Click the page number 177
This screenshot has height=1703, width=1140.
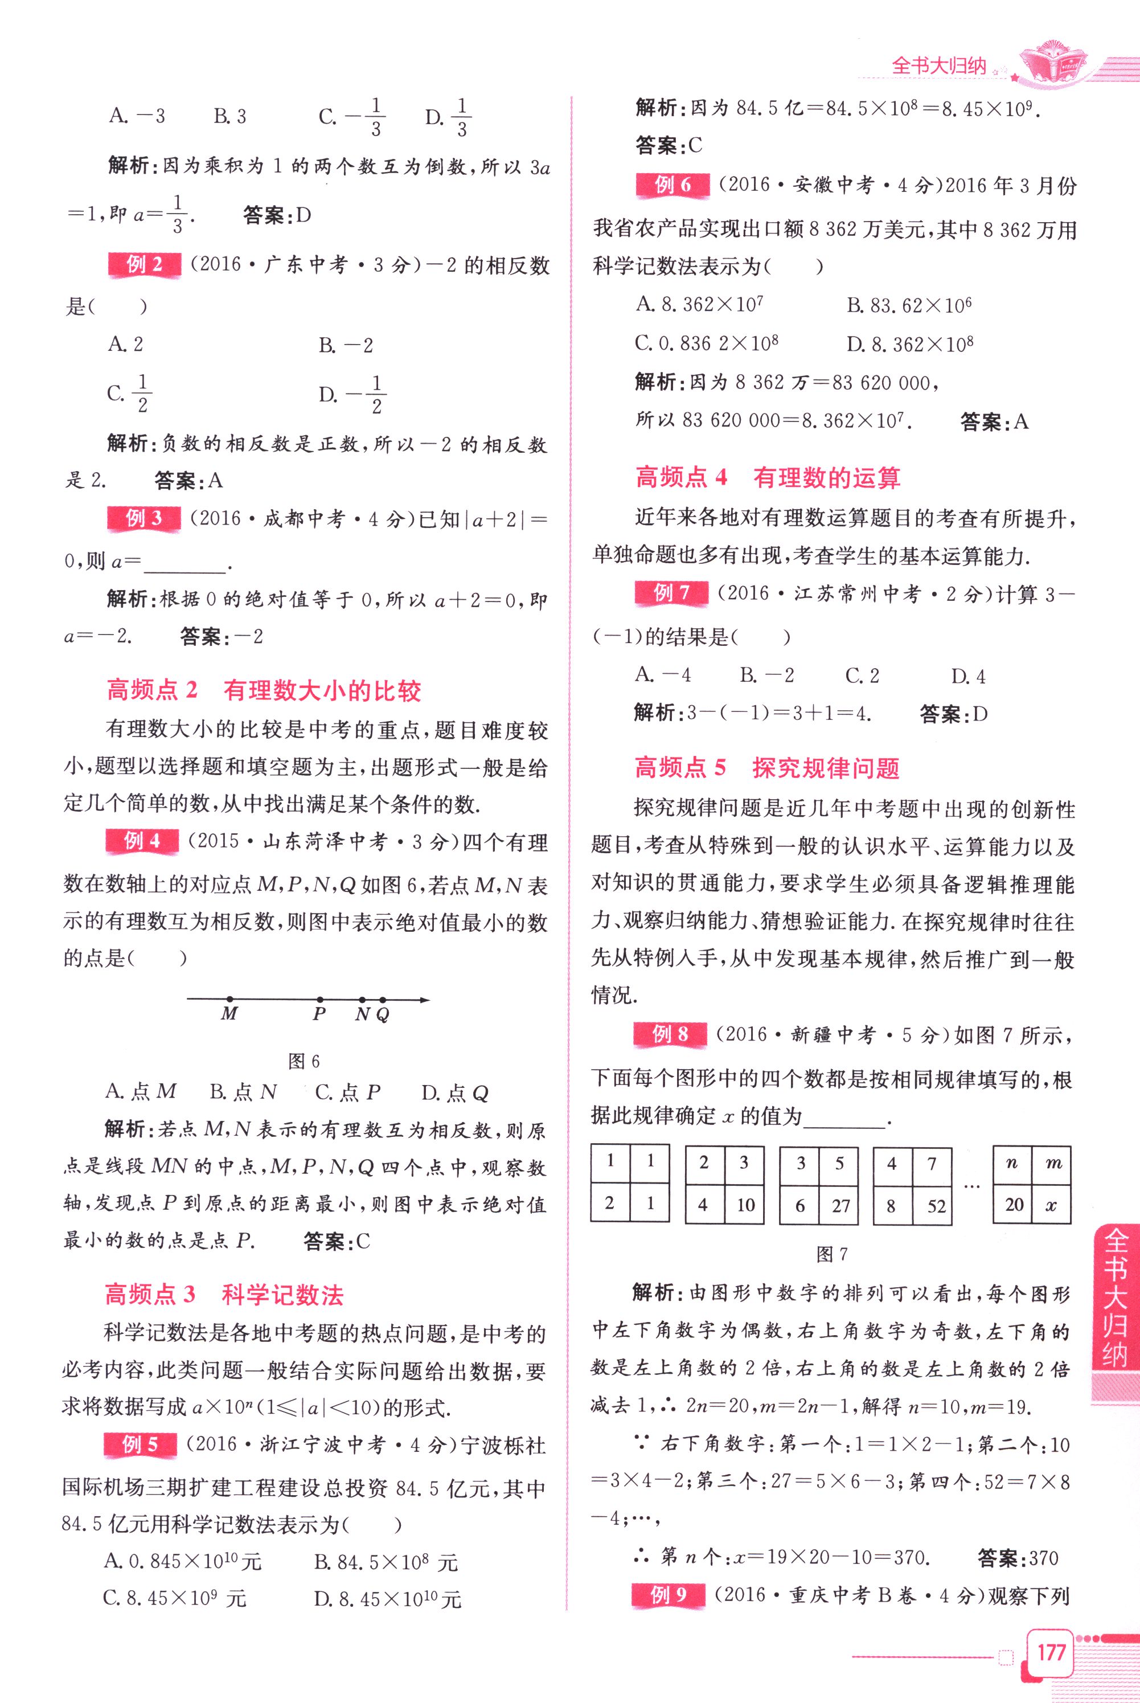1051,1652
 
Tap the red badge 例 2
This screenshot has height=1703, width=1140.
144,265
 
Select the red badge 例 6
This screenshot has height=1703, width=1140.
672,186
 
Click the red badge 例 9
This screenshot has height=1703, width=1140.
668,1595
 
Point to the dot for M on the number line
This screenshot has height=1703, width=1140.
229,999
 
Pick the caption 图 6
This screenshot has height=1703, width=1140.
304,1061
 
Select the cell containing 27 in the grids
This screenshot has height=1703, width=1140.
840,1206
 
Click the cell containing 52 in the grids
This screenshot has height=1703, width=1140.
935,1206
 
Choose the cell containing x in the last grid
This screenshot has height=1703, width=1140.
1051,1205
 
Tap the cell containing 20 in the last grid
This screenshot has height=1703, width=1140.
1014,1205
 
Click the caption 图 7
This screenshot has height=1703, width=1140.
832,1254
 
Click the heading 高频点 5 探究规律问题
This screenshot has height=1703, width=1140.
767,768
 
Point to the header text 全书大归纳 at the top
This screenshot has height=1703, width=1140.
938,66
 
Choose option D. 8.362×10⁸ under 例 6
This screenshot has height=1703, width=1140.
909,343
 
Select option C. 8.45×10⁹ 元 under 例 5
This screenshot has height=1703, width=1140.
174,1598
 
